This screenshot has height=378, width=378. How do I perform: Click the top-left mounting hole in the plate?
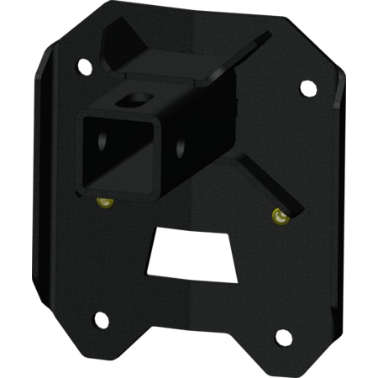pos(83,64)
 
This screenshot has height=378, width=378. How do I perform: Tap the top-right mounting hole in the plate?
pos(307,86)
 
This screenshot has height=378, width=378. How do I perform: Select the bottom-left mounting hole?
pos(100,319)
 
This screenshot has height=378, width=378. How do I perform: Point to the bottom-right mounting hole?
pos(284,338)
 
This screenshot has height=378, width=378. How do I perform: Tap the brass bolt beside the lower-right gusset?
pos(278,217)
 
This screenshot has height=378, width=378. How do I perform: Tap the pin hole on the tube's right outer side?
pos(181,148)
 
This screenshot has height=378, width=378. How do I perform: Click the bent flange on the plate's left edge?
pos(38,168)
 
